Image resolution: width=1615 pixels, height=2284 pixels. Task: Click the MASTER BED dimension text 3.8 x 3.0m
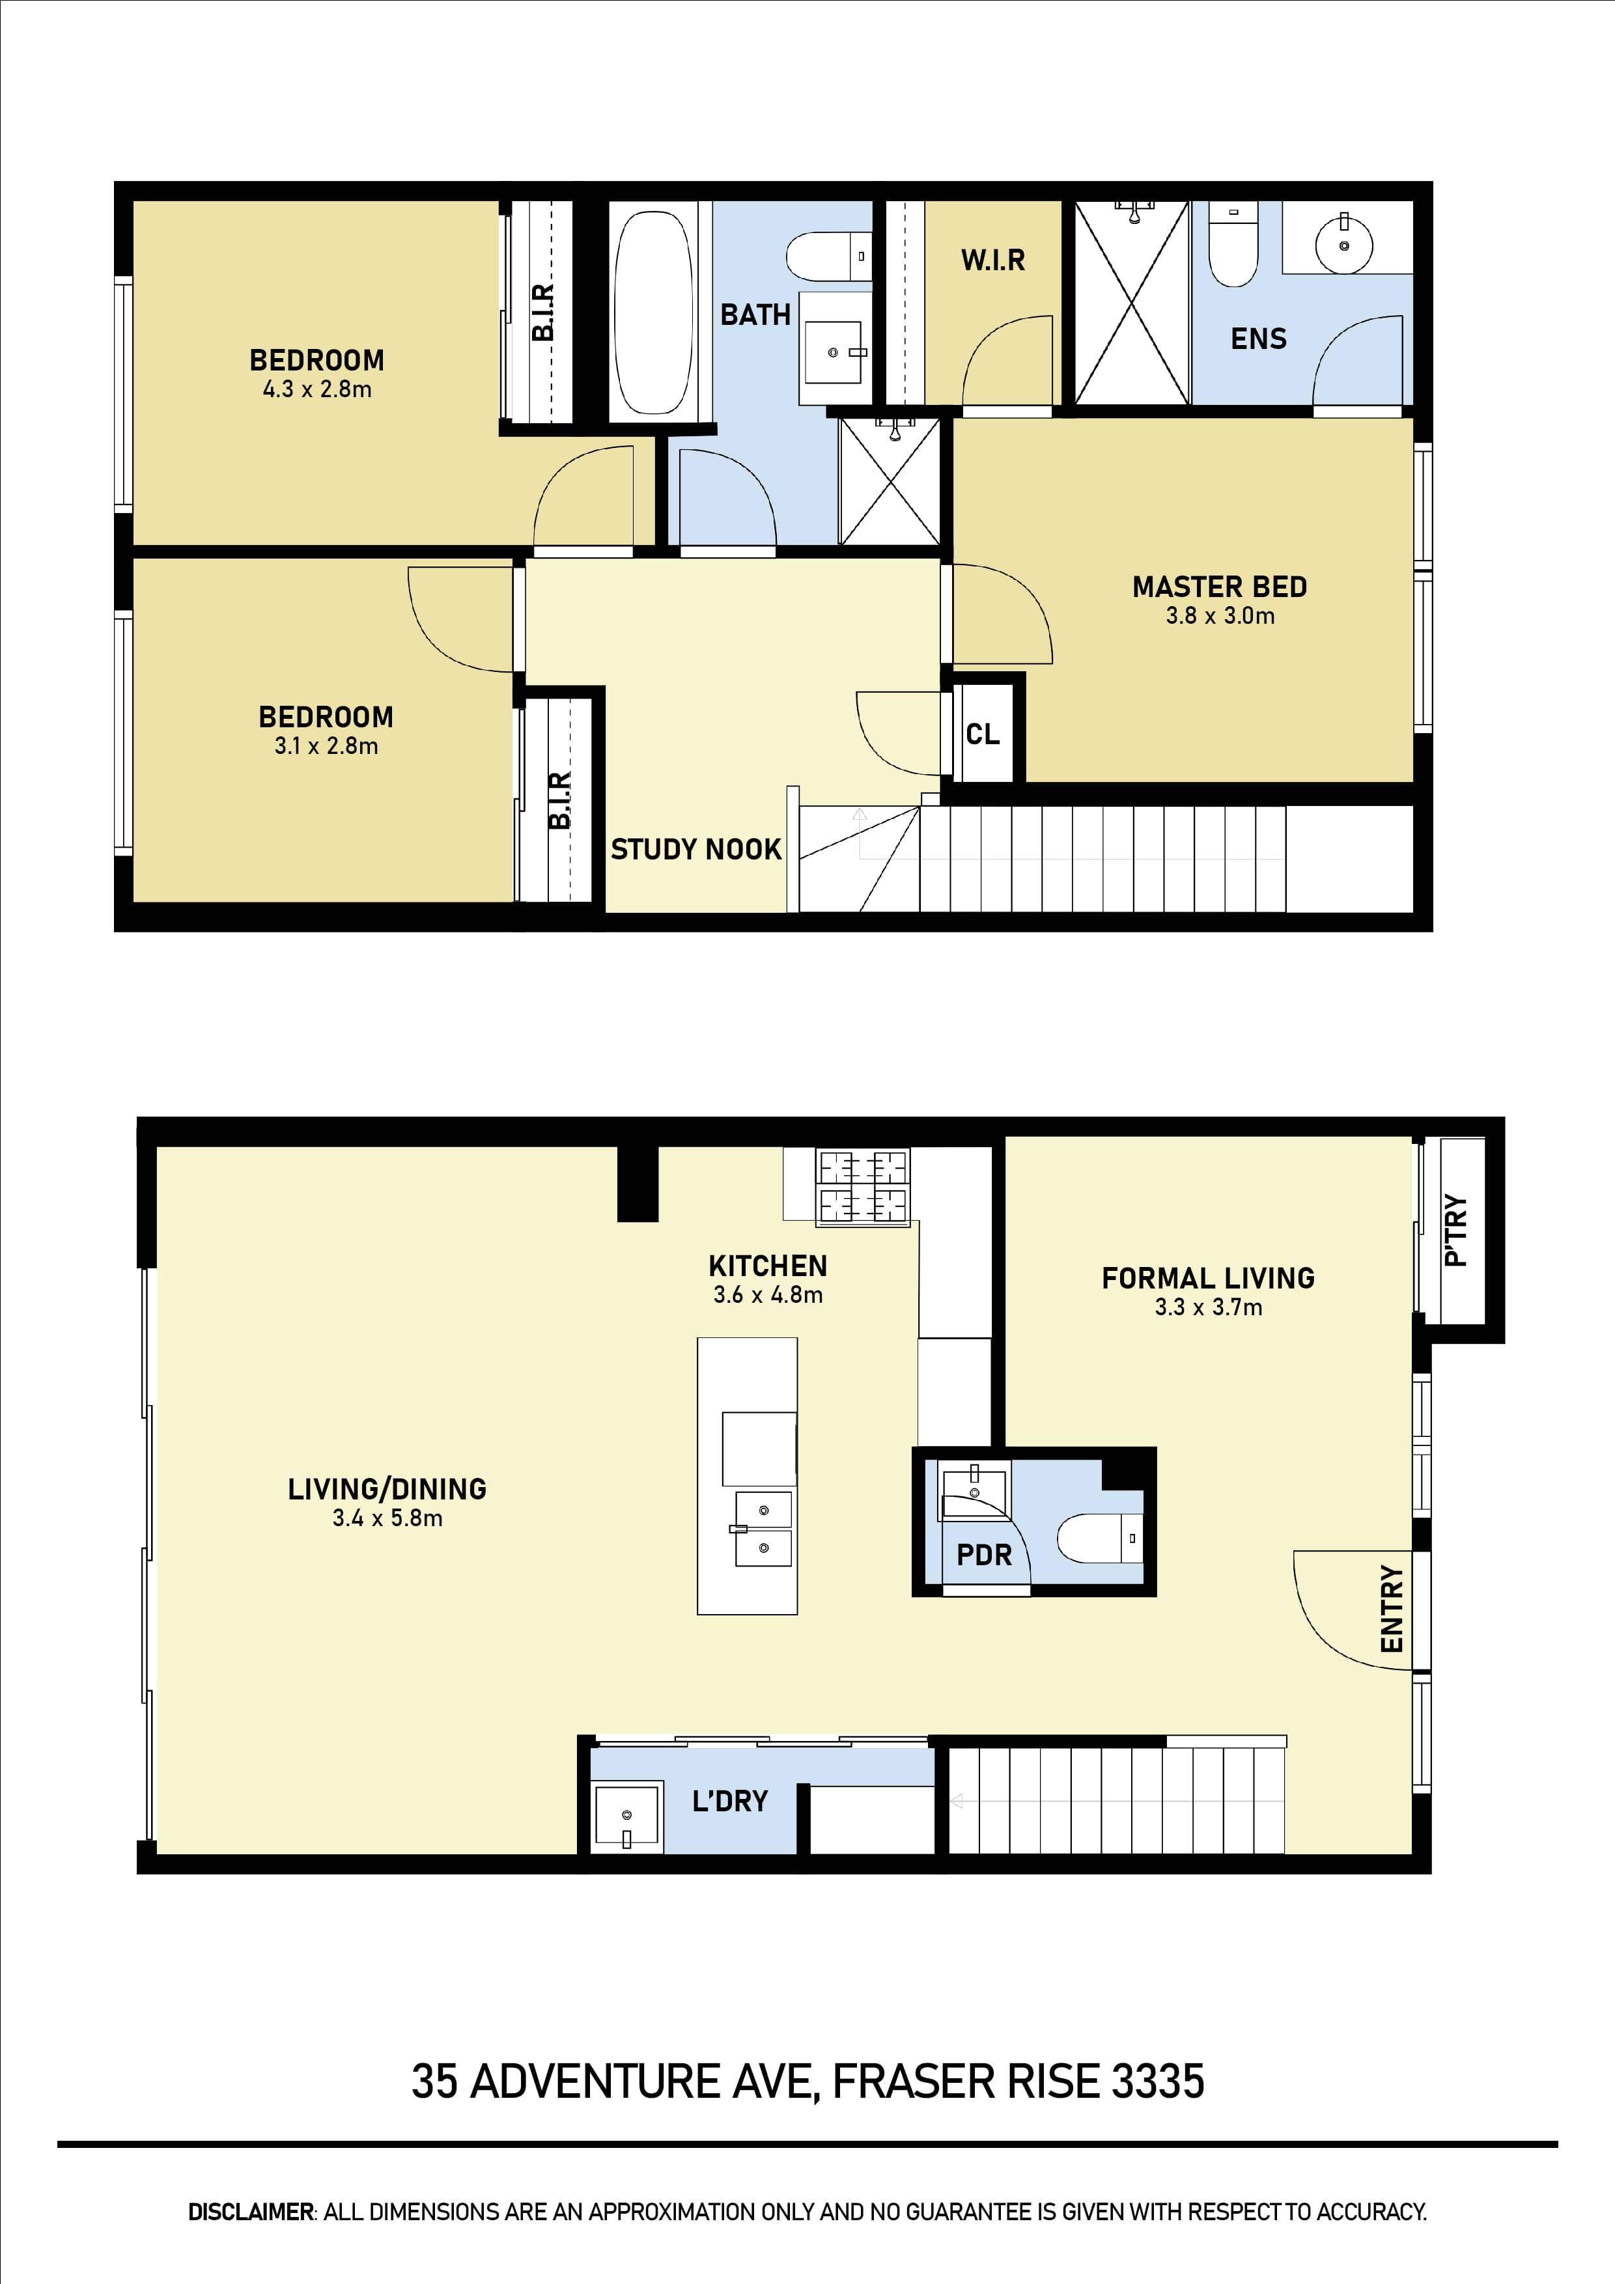point(1220,616)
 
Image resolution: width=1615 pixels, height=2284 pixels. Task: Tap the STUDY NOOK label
point(695,850)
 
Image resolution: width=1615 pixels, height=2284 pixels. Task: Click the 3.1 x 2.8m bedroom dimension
point(326,746)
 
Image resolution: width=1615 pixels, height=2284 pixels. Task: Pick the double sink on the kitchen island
point(763,1529)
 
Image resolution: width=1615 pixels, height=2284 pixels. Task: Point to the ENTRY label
point(1391,1609)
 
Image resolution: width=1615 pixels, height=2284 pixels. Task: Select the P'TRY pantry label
point(1455,1231)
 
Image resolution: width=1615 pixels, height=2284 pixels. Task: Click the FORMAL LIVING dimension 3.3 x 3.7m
point(1208,1308)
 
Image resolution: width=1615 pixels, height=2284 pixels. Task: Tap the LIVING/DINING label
point(387,1489)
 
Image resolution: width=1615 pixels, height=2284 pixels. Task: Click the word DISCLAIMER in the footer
point(251,2212)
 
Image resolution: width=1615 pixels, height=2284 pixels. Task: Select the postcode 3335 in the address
point(1157,2082)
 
